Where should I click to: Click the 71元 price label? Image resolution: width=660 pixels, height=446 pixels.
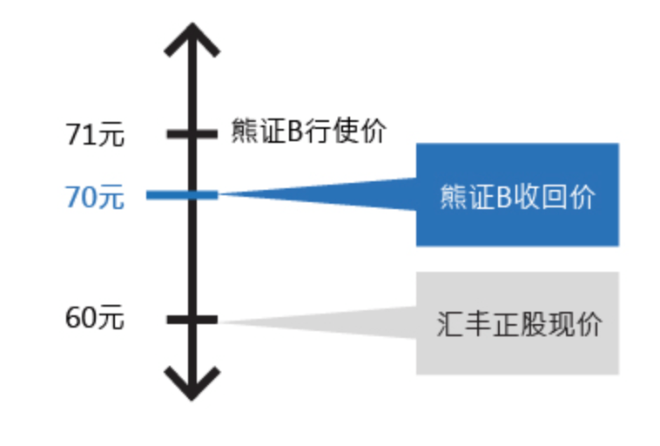(95, 135)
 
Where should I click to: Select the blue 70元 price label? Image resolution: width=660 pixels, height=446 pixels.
(95, 198)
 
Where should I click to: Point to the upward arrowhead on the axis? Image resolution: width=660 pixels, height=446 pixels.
(192, 39)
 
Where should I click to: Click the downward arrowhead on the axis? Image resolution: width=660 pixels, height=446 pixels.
(192, 382)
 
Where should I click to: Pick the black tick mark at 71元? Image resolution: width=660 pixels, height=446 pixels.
(192, 133)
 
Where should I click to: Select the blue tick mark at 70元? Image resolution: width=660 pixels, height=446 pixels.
(182, 195)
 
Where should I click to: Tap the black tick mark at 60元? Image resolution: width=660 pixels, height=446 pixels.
(192, 320)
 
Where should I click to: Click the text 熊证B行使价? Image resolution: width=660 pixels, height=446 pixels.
(308, 132)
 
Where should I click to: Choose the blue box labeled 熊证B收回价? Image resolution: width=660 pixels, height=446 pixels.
(517, 195)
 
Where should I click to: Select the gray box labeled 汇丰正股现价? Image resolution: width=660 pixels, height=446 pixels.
(517, 323)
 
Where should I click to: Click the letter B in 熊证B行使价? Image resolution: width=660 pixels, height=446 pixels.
(295, 133)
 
